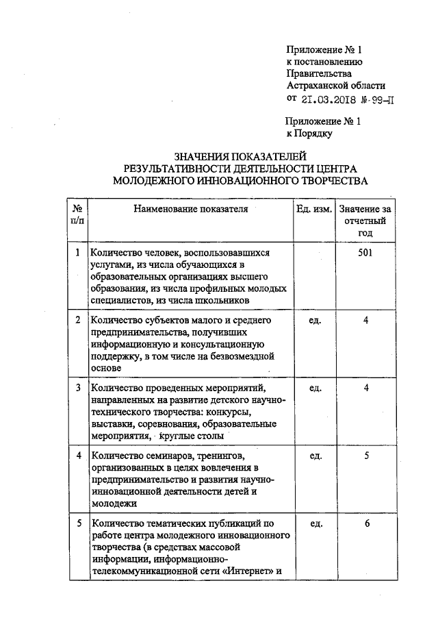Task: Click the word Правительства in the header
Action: point(319,73)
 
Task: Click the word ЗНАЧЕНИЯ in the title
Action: point(202,156)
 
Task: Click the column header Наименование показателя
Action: point(190,209)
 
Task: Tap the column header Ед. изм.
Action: point(315,209)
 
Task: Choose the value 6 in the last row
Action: point(368,523)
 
